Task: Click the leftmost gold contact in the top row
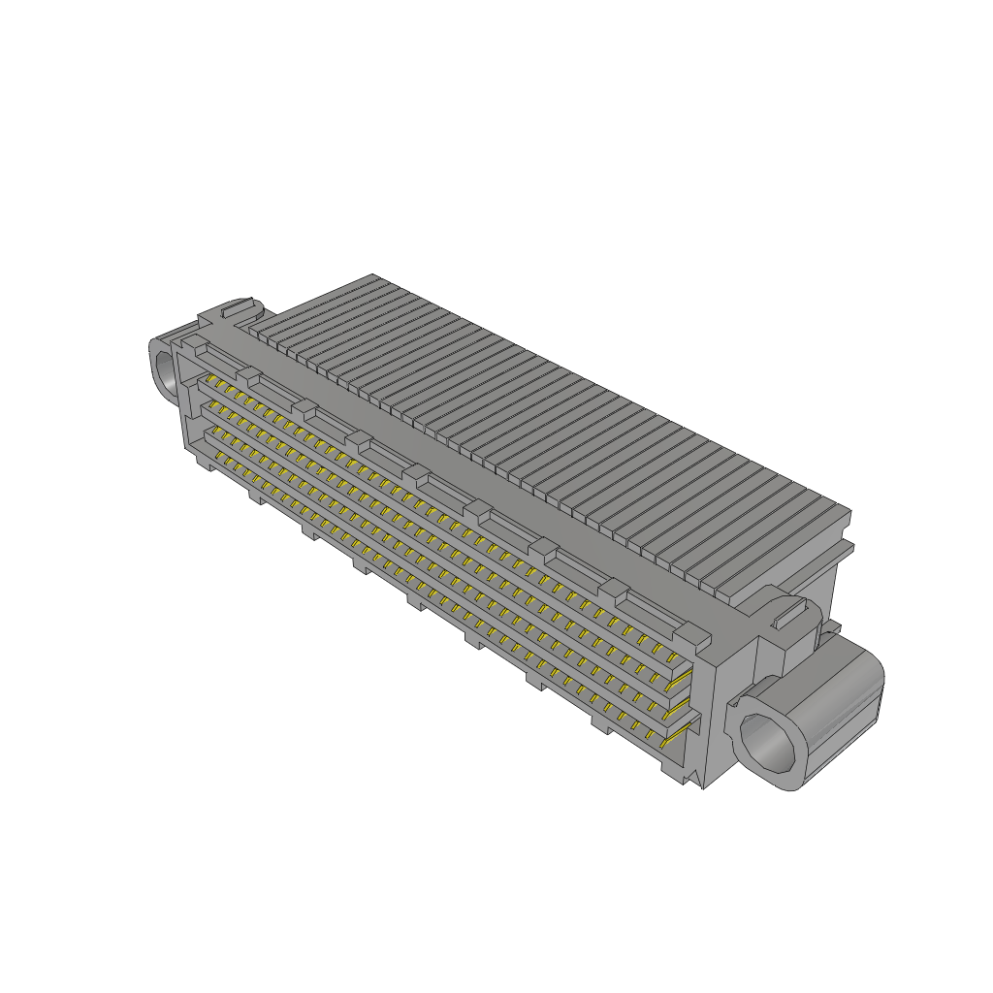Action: (x=208, y=381)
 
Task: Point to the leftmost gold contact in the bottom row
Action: (x=219, y=456)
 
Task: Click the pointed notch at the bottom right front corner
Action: (x=690, y=780)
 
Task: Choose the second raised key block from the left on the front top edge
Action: (x=250, y=376)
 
